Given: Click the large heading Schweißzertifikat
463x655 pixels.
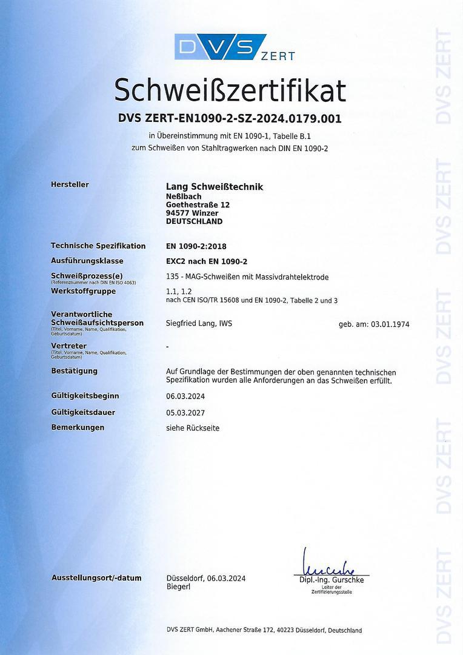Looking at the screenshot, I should [x=230, y=90].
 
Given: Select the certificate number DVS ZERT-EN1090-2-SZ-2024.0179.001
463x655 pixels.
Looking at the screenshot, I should [x=230, y=119].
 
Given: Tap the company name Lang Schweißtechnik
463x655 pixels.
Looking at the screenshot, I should [x=215, y=187].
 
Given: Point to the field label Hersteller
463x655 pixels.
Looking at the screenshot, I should [x=70, y=184].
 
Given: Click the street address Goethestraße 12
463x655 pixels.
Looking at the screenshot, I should [x=198, y=205].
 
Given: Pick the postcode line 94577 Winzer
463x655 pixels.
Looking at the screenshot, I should [x=192, y=213].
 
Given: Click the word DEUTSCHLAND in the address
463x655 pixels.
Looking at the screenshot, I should [x=194, y=221].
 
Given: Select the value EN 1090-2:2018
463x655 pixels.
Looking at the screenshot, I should [x=196, y=246].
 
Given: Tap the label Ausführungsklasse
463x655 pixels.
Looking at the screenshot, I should [x=87, y=261].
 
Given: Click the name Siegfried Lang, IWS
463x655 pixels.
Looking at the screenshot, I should [x=199, y=324].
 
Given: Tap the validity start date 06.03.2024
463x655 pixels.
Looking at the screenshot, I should [x=185, y=396].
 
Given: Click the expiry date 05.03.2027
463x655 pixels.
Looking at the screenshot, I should [x=185, y=412].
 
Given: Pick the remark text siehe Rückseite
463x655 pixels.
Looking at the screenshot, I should [x=193, y=428].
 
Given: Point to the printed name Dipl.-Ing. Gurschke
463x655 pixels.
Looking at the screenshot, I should [x=331, y=580].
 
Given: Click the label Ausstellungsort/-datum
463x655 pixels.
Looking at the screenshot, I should [x=96, y=578].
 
